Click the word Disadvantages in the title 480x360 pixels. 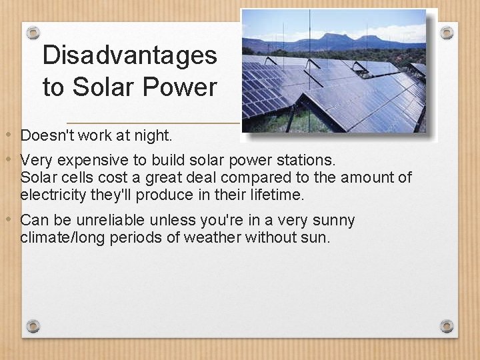tap(129, 55)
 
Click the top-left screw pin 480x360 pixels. tap(33, 33)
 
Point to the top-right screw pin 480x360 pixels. tap(447, 33)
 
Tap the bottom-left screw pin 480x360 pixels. tap(33, 326)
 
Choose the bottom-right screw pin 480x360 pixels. tap(447, 326)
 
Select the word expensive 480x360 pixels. tap(83, 161)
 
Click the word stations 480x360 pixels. tap(312, 161)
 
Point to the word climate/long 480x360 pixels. tap(61, 237)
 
